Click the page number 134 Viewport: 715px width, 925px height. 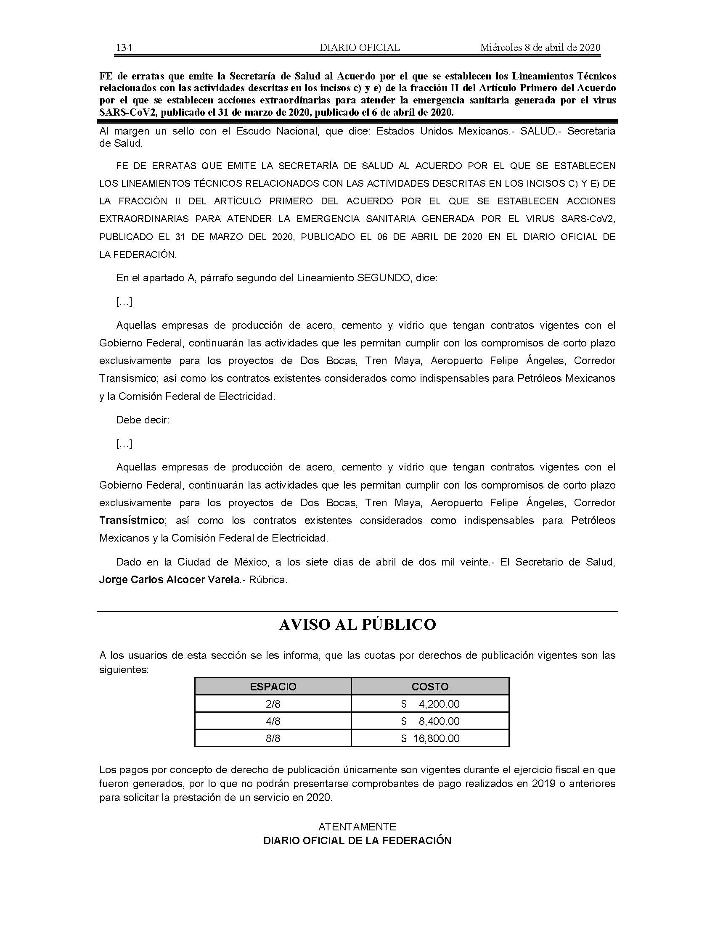[x=124, y=48]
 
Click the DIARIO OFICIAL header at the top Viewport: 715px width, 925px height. [x=360, y=48]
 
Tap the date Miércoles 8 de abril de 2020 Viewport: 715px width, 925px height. [x=540, y=48]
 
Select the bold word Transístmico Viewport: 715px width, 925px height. [x=132, y=520]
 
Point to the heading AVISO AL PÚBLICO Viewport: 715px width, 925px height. [x=357, y=625]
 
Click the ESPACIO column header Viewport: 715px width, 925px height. [x=273, y=687]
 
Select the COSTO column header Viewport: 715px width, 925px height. [x=430, y=687]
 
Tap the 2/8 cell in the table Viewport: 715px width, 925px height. [x=273, y=704]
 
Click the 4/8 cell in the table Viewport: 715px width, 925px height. [x=273, y=721]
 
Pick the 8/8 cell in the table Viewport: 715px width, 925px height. [x=273, y=738]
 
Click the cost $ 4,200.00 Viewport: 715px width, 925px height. [x=430, y=704]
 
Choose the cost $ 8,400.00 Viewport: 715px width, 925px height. [x=430, y=721]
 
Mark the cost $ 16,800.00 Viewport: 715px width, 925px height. [x=430, y=738]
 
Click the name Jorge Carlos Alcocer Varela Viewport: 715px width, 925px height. [x=169, y=579]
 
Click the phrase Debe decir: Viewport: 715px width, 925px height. [x=143, y=420]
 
